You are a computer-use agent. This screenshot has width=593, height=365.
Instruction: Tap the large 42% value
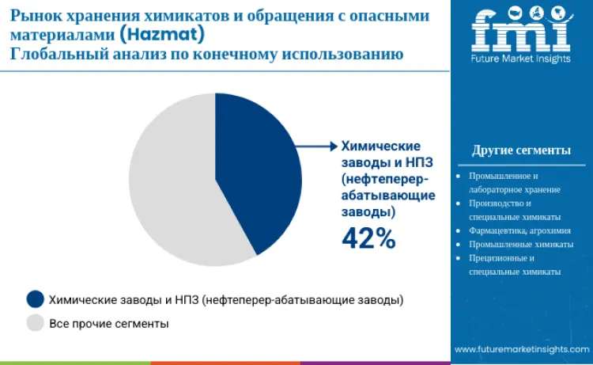coord(368,237)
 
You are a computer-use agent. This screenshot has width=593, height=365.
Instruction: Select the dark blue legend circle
coord(36,299)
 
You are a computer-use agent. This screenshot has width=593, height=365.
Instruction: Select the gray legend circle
coord(36,323)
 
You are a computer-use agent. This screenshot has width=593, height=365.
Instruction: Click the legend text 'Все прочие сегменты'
coord(109,323)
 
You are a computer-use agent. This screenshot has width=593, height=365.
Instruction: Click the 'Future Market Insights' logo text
coord(521,59)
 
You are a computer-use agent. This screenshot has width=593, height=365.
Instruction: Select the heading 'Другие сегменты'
coord(521,150)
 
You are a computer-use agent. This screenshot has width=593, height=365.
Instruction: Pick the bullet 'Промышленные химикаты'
coord(520,244)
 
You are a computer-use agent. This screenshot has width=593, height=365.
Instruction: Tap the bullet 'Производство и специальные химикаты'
coord(514,210)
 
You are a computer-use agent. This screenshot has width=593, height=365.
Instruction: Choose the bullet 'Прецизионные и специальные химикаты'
coord(514,264)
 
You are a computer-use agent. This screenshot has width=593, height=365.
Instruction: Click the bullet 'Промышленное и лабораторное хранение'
coord(514,182)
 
